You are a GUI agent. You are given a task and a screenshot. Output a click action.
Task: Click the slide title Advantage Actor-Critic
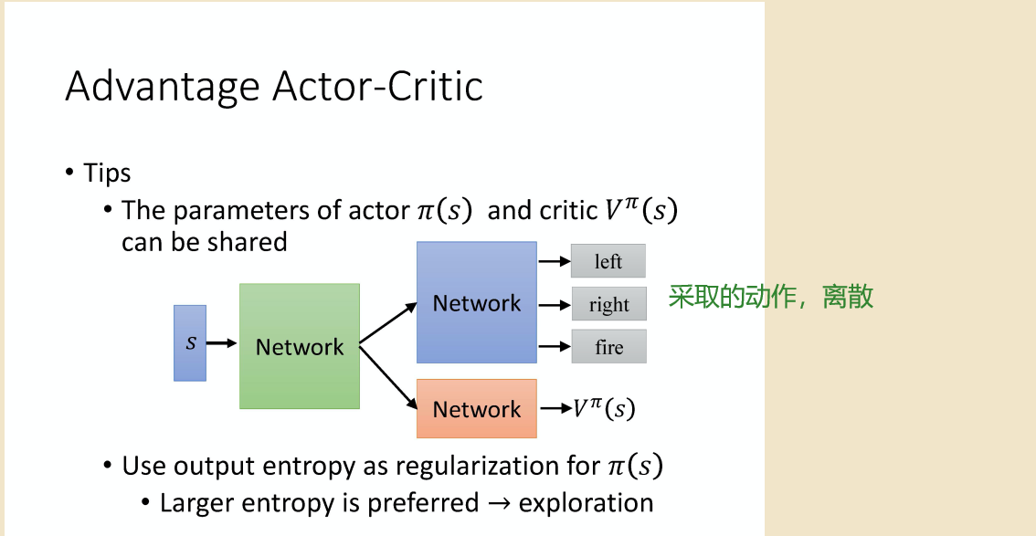(x=274, y=87)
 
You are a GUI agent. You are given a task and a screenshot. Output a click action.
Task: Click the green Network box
(x=300, y=346)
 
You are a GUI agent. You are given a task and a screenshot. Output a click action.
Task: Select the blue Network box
(x=476, y=302)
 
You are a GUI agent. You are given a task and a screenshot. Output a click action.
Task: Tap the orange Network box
(x=476, y=409)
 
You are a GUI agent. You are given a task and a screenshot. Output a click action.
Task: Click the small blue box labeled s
(x=190, y=343)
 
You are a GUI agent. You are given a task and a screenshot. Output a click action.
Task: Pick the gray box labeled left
(x=608, y=261)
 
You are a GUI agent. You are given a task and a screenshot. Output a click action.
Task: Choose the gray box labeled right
(x=608, y=304)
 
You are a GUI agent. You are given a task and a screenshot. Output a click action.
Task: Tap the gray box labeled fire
(x=608, y=347)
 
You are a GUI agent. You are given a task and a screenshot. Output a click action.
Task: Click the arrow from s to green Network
(x=222, y=343)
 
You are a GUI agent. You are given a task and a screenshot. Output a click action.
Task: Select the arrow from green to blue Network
(x=387, y=324)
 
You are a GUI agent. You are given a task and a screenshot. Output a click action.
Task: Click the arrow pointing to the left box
(x=554, y=261)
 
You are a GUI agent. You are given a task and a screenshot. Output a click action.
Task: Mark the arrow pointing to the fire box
(x=554, y=347)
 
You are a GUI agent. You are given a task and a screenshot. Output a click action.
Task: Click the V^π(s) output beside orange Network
(x=604, y=409)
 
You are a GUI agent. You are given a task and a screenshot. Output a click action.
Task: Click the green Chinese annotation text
(x=771, y=297)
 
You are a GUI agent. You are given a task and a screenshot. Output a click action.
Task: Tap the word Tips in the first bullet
(x=107, y=173)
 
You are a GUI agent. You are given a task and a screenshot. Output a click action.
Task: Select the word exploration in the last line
(x=586, y=503)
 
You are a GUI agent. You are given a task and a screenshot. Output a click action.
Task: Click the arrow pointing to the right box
(x=554, y=304)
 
